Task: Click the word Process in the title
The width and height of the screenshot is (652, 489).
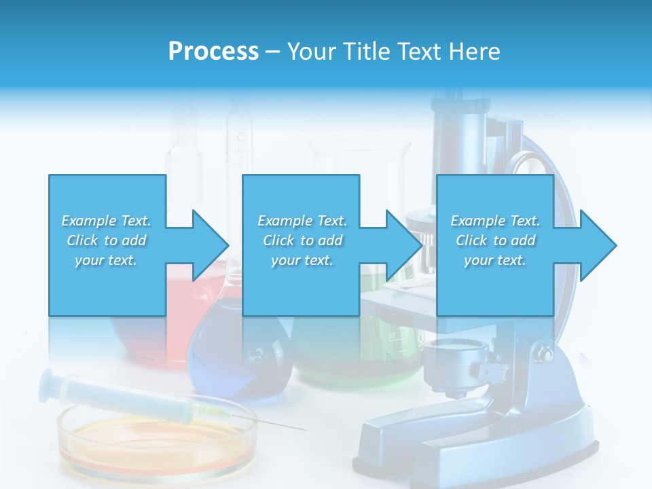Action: coord(213,51)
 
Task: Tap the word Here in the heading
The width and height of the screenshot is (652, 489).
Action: coord(475,51)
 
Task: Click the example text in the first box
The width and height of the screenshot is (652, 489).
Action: coord(106,240)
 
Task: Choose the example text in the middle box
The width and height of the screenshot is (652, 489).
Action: coord(302,240)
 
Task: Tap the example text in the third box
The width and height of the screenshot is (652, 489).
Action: coord(494,240)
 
